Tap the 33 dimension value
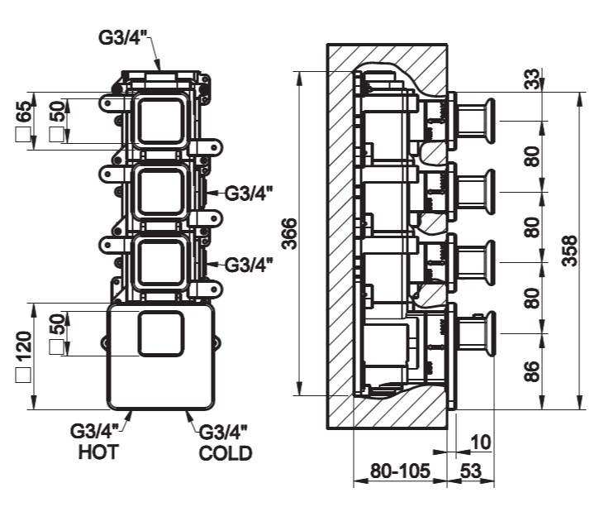coord(533,80)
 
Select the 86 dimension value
coord(533,371)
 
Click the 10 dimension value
coord(480,442)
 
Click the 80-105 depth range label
coord(401,472)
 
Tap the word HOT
coord(98,452)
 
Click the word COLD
coord(226,453)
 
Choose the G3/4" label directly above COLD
coord(224,432)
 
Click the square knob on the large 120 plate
coord(161,335)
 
